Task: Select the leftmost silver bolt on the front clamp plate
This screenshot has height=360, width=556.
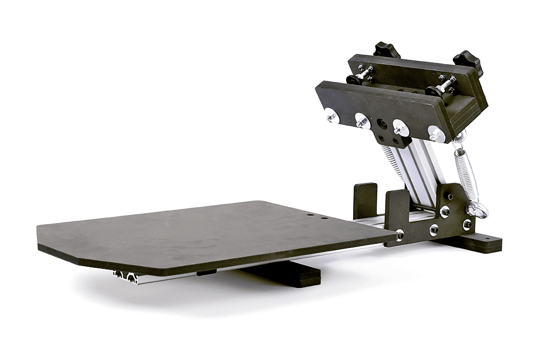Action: (x=330, y=114)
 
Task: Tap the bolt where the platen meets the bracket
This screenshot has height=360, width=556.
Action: (x=400, y=235)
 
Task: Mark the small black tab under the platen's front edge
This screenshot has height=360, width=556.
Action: (x=207, y=272)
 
